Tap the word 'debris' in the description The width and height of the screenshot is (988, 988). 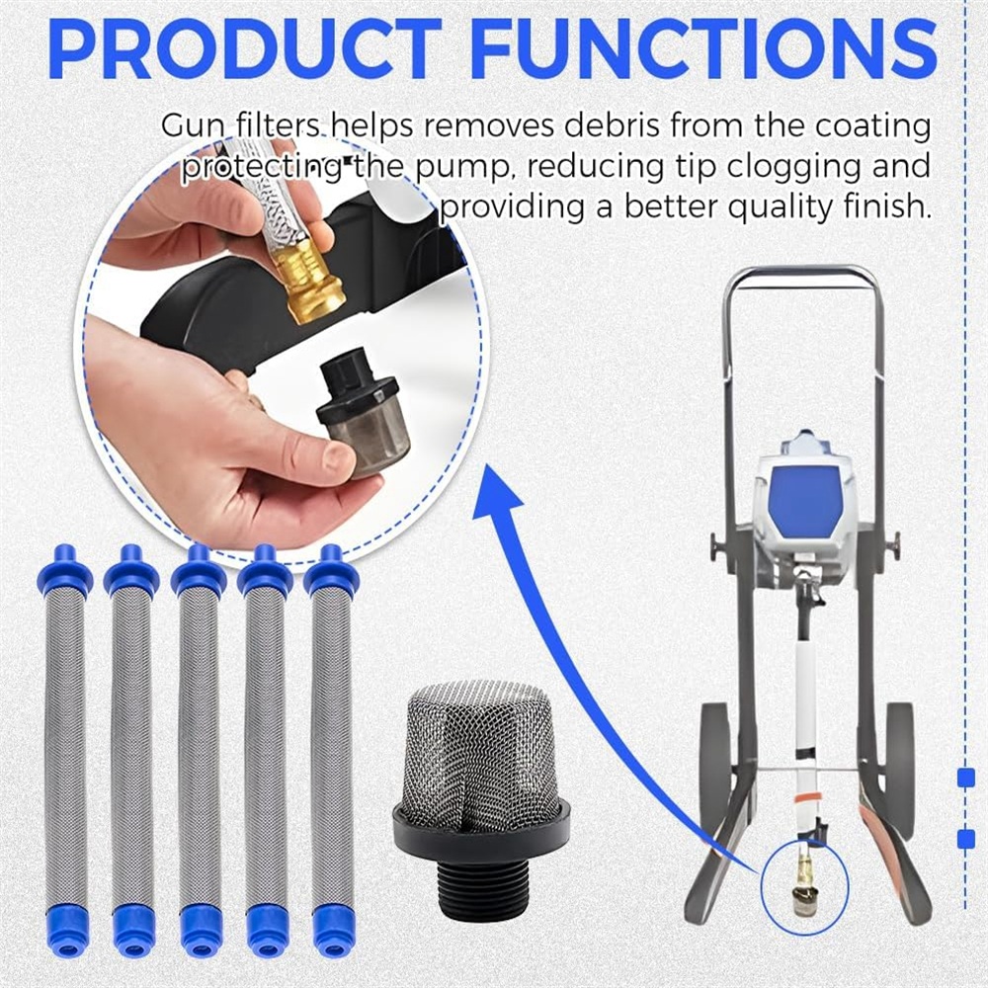click(612, 125)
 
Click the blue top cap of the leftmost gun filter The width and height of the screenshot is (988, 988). click(64, 570)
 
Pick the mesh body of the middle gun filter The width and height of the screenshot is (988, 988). click(200, 751)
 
